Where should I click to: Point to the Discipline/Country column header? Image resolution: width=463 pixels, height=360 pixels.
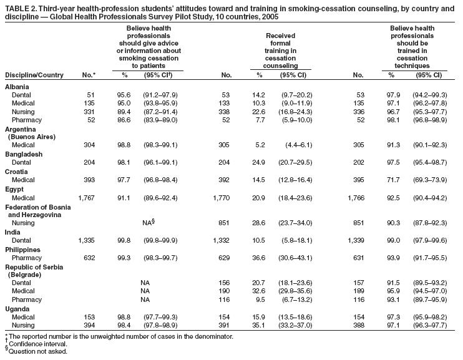[34, 75]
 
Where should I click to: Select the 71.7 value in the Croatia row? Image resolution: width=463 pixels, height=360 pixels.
[392, 180]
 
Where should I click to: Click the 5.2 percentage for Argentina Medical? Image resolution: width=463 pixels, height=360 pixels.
[260, 145]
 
